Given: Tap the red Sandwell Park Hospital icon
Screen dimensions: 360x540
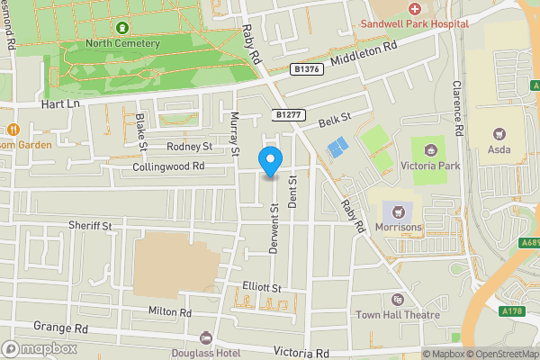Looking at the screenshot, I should pos(415,8).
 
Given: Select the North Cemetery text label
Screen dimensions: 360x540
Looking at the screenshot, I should pos(122,42).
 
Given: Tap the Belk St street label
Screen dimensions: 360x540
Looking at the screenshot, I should pos(331,117).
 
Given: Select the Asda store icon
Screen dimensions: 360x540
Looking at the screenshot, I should pos(497,131).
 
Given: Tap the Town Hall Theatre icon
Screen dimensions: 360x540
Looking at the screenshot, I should pos(397,300).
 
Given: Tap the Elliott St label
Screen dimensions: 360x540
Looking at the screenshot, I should pos(262,286).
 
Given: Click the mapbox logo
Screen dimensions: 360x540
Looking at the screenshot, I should pos(39,348).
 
